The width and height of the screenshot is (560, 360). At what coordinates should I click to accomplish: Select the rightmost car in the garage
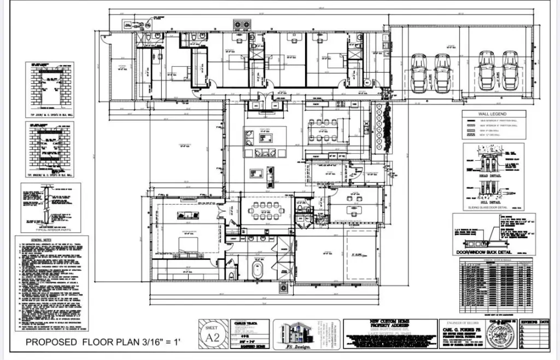click(510, 71)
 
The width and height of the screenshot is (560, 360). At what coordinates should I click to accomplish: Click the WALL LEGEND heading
click(493, 114)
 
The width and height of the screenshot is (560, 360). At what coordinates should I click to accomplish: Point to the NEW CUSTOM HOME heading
click(390, 323)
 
